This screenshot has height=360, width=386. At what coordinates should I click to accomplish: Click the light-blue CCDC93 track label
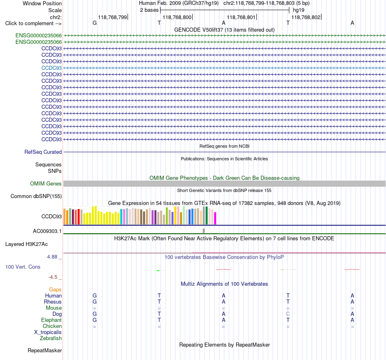[x=52, y=68]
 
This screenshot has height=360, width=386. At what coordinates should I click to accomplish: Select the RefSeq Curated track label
[x=43, y=152]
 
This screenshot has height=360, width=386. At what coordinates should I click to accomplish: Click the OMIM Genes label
[x=46, y=184]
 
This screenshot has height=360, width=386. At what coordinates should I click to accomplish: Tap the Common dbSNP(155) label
[x=36, y=196]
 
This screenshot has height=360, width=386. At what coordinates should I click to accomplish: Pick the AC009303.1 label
[x=47, y=231]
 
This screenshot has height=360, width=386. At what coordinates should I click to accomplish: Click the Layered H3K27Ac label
[x=26, y=244]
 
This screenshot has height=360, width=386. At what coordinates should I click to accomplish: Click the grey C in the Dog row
[x=288, y=314]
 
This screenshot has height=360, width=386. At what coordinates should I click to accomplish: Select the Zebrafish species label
[x=51, y=338]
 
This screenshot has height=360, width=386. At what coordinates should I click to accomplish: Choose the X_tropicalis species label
[x=48, y=332]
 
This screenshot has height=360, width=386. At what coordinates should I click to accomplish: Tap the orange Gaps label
[x=55, y=290]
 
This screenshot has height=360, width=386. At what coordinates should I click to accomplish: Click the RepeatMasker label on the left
[x=45, y=350]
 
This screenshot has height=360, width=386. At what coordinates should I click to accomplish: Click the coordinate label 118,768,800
[x=177, y=17]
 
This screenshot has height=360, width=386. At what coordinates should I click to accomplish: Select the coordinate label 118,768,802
[x=306, y=17]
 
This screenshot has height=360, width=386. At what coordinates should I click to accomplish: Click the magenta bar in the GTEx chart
[x=215, y=218]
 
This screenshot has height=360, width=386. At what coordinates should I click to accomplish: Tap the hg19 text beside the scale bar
[x=299, y=10]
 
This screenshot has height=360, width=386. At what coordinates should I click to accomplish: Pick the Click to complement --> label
[x=33, y=24]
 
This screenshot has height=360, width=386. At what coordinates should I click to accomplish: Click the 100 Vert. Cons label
[x=23, y=267]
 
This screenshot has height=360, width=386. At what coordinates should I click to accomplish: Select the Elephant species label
[x=52, y=320]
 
